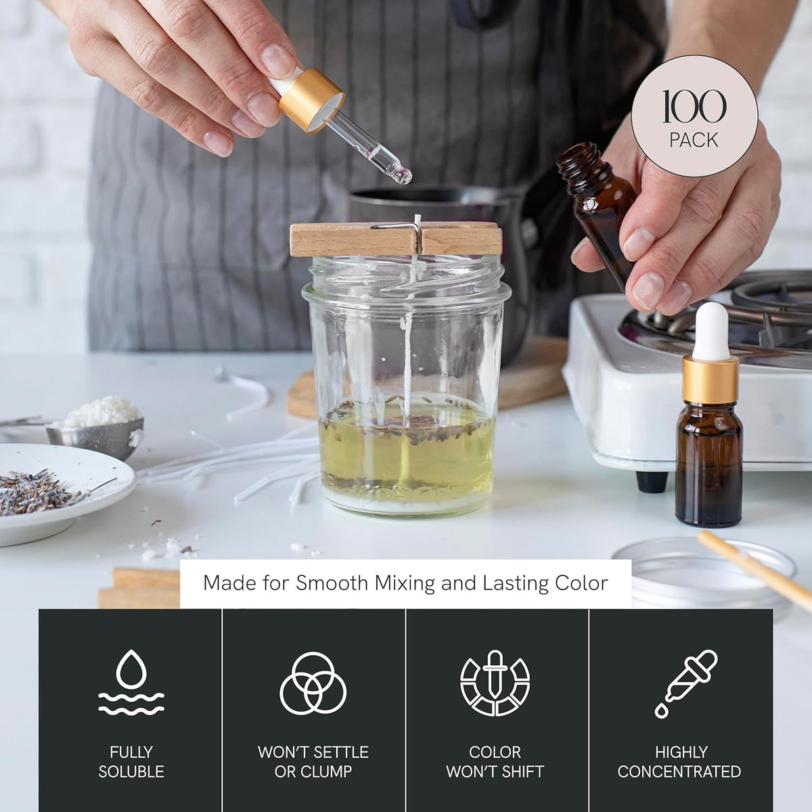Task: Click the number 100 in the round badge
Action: coord(694,107)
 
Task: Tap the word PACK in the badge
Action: coord(694,140)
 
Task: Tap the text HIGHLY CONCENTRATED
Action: coord(679,761)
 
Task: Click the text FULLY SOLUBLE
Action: coord(131,761)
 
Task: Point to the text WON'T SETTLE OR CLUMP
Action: coord(313,761)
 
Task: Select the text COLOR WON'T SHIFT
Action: coord(495,761)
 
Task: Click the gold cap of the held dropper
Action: coord(311,99)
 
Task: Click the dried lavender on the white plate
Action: coord(40,491)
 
